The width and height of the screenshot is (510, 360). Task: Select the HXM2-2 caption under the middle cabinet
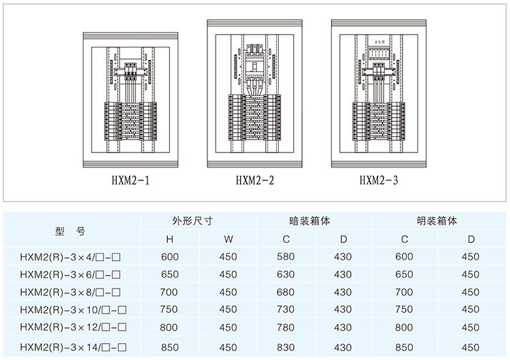click(x=255, y=181)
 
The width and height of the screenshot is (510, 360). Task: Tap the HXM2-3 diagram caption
click(x=379, y=181)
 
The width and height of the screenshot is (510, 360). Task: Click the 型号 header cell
click(x=70, y=231)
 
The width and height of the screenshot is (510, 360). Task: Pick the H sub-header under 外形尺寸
click(x=169, y=240)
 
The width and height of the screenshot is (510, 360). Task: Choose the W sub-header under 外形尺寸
click(x=228, y=240)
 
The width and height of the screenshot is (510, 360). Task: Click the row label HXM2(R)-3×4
click(x=71, y=257)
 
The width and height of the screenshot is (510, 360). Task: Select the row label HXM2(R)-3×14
click(x=71, y=347)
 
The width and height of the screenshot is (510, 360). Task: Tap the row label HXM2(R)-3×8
click(x=71, y=293)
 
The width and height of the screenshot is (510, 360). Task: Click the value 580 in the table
click(x=286, y=257)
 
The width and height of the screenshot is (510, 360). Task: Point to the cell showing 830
click(x=286, y=347)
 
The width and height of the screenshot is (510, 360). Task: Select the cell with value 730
click(x=286, y=311)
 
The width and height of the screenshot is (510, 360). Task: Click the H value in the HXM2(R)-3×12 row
click(x=169, y=329)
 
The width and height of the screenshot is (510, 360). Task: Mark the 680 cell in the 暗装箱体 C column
click(x=286, y=293)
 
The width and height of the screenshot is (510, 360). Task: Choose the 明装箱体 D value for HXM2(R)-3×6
click(x=470, y=274)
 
